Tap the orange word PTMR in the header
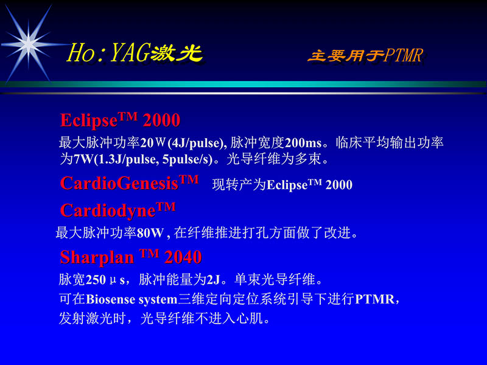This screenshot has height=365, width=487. tap(403, 57)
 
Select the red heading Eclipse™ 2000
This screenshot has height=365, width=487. tap(120, 119)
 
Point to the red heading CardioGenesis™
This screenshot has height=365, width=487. tap(129, 182)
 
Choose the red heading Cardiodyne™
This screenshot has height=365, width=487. tap(117, 210)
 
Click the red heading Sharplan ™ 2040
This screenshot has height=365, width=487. tap(130, 257)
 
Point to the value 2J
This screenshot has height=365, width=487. tap(213, 280)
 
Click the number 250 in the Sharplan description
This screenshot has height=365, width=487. tap(96, 280)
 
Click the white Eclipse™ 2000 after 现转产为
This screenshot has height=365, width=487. tap(310, 185)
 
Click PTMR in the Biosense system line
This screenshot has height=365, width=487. tap(374, 299)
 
